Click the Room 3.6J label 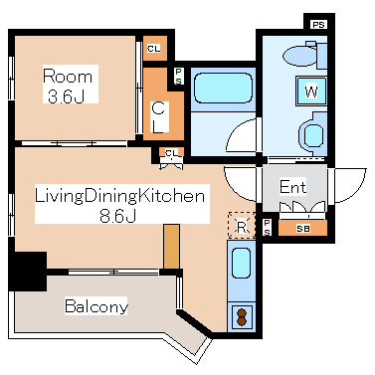coord(68,86)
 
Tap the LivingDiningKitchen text coord(119,196)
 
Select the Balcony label coord(96,306)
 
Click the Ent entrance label coord(292,187)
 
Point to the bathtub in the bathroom coord(224,89)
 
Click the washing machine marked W coord(311,92)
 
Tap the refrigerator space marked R coord(242,226)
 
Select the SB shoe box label coord(302,229)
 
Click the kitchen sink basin coord(241,264)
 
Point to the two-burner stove coord(242,317)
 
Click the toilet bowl coord(300,56)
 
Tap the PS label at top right coord(318,25)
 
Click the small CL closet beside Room coord(155,49)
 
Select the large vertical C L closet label coord(158,118)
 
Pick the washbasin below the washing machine coord(312,135)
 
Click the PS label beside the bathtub coord(179,77)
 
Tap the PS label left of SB coord(268,228)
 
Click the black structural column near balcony coord(29,271)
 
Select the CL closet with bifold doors coord(171,153)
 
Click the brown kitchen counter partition coord(172,247)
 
